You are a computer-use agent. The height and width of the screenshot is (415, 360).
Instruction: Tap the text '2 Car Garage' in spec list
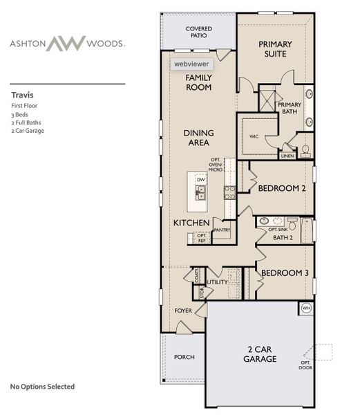[x=27, y=130]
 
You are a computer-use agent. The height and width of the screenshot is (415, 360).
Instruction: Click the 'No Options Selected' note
[x=42, y=387]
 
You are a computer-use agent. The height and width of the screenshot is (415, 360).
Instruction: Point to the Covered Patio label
[x=199, y=33]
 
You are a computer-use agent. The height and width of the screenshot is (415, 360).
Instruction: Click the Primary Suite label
[x=275, y=49]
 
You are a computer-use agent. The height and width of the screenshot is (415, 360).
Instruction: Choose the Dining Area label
[x=198, y=137]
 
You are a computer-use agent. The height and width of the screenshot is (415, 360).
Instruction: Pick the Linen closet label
[x=287, y=156]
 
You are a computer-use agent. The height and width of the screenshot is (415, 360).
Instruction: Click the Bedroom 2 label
[x=282, y=187]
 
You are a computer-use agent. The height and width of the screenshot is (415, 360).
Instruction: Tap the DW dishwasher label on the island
[x=201, y=180]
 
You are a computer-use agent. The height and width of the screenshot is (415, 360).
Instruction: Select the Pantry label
[x=222, y=229]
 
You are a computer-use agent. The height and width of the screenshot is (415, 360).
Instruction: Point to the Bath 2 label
[x=283, y=237]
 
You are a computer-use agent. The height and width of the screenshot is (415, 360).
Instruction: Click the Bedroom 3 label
[x=283, y=273]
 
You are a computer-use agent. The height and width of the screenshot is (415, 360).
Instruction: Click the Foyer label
[x=182, y=311]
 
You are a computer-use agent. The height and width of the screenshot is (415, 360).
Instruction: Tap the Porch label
[x=184, y=357]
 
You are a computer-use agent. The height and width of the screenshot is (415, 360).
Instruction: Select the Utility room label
[x=217, y=282]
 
